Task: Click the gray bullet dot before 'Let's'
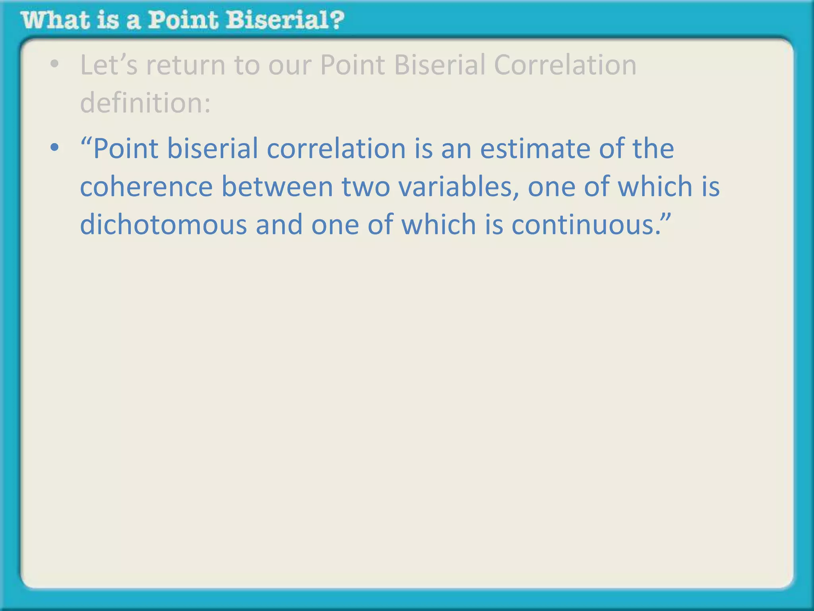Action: point(54,64)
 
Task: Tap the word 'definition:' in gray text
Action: point(145,103)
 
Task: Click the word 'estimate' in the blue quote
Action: point(535,149)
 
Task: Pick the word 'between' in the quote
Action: point(277,187)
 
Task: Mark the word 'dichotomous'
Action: point(163,225)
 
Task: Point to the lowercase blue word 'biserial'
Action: point(212,149)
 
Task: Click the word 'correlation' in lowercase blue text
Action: point(336,149)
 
